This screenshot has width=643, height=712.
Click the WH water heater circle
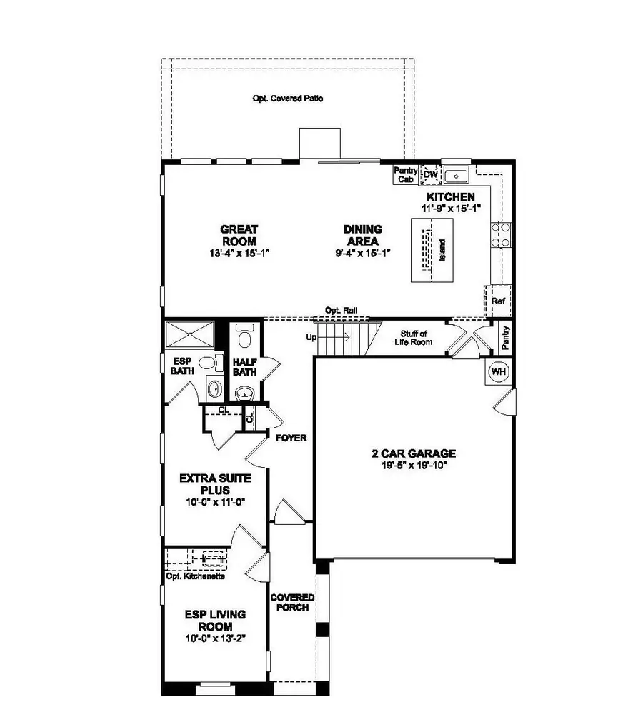point(497,372)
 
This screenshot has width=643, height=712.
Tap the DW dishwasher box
point(430,174)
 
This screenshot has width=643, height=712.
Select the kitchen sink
point(455,175)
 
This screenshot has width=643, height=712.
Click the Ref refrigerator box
point(498,301)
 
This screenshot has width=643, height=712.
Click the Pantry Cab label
point(406,175)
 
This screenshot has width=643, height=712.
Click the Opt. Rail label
point(341,311)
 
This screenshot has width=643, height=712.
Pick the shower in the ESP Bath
point(189,334)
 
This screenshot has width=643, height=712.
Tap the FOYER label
point(291,438)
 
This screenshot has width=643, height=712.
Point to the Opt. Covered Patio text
point(287,99)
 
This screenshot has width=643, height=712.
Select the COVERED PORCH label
point(289,602)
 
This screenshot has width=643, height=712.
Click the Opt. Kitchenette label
point(196,576)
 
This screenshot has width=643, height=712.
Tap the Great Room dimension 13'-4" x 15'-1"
point(239,253)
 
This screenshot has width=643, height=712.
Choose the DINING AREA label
point(362,235)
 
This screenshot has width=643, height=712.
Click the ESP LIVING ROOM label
point(215,620)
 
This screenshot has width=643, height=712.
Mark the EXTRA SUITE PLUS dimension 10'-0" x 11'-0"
point(215,502)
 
